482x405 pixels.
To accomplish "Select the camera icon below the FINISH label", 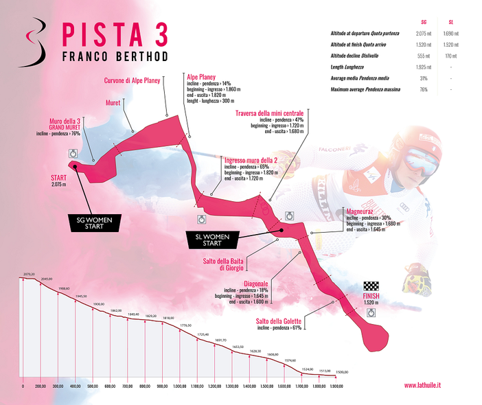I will coord(371,312).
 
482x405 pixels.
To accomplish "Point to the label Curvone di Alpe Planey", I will coord(132,80).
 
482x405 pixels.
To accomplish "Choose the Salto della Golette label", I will coord(279,321).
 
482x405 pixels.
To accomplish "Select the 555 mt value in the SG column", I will coord(424,56).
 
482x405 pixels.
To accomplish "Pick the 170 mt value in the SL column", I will coord(450,56).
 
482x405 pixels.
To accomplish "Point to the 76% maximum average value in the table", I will coord(424,89).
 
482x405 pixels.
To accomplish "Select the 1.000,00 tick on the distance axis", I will coord(181,386).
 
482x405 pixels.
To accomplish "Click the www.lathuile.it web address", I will coord(422,386).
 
